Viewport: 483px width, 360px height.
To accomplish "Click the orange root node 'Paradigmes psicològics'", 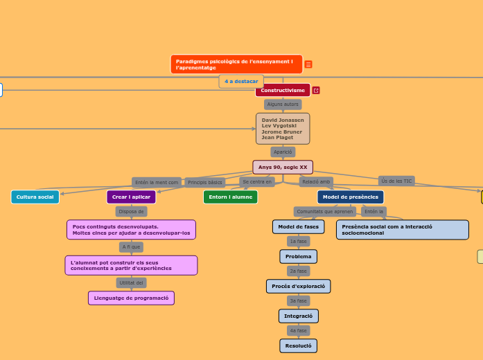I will coord(236,64).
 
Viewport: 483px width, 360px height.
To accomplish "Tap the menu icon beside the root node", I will coord(308,64).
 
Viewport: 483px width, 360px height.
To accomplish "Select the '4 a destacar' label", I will coord(241,81).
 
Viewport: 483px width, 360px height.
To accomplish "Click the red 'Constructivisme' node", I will coord(283,91).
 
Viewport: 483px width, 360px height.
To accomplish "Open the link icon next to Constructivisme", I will coord(316,91).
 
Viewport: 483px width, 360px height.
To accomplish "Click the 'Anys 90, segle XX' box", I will coord(283,168).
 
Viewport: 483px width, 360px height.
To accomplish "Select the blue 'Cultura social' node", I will coord(35,197).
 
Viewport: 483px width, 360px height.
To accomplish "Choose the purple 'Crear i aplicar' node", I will coord(131,197).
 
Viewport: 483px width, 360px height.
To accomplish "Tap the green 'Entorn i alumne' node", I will coord(230,197).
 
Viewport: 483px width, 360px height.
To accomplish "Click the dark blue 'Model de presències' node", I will coord(350,197).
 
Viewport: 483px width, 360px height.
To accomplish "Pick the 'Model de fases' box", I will coord(298,227).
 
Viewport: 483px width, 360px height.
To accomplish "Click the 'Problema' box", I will coord(298,257).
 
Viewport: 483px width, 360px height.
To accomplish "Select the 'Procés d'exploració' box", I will coord(298,286).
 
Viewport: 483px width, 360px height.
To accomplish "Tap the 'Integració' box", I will coord(298,316).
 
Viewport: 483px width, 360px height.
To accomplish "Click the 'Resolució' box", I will coord(298,345).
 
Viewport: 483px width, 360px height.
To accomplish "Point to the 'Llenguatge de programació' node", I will coord(131,298).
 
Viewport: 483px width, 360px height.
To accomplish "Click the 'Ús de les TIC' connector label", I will coord(396,181).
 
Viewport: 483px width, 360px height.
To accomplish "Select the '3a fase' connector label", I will coord(298,301).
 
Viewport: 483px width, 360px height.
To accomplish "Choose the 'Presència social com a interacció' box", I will coord(402,229).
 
